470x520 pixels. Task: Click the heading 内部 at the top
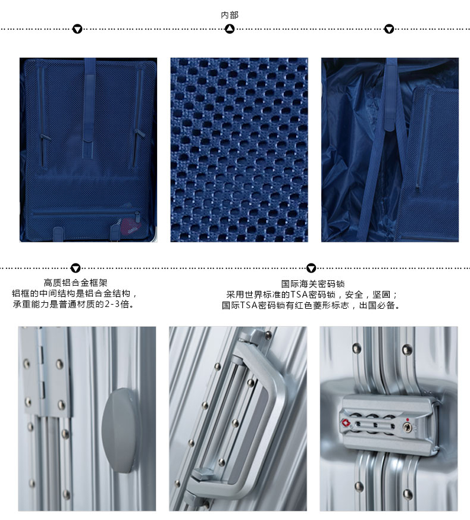coord(230,15)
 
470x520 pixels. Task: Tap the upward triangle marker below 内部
coord(230,29)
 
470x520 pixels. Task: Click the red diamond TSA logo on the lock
coord(346,423)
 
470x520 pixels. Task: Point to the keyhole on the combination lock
coord(408,427)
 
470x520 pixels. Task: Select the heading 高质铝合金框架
coord(76,283)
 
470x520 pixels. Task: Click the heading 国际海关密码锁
coord(313,284)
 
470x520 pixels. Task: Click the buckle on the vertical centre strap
coord(87,149)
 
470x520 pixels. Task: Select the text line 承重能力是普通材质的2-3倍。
coord(74,304)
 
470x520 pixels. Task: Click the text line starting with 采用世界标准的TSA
coord(312,295)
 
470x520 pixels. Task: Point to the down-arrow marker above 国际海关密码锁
coord(311,268)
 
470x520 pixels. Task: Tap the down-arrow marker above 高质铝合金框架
coord(76,268)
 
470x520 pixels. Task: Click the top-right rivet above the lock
coord(407,349)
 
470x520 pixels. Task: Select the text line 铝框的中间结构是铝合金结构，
coord(74,293)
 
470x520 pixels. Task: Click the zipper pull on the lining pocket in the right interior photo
coord(418,188)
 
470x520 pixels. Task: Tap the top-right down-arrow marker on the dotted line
coord(388,29)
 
